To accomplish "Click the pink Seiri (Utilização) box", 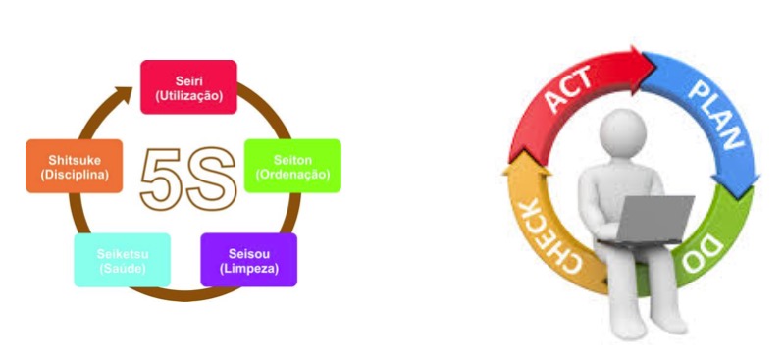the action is coord(188,87).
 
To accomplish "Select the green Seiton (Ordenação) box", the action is coord(292,166).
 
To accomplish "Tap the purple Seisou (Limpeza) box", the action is coord(249,260).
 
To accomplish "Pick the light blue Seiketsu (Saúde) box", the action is coord(123,260).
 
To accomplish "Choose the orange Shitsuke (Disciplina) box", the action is coord(74,166).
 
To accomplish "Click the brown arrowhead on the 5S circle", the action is coord(123,94).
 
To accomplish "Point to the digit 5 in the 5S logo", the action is coord(161,178).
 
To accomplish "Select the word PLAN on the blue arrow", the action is coord(716,116).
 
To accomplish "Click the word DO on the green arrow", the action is coord(704,254).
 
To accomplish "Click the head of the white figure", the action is coord(623,131).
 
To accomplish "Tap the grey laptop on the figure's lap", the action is coord(649,220).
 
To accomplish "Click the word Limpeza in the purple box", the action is coord(249,268).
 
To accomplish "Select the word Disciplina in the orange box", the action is coord(74,175).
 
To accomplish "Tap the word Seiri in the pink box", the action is coord(189,80).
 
